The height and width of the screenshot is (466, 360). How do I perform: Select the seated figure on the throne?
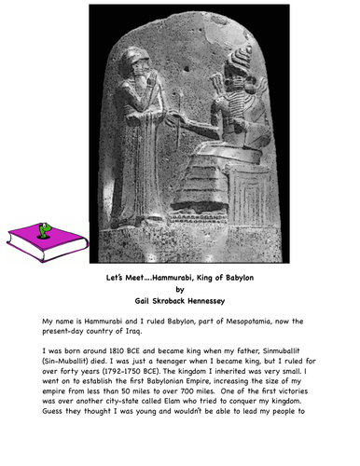tap(228, 140)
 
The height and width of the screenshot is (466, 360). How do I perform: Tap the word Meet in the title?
tap(135, 277)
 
